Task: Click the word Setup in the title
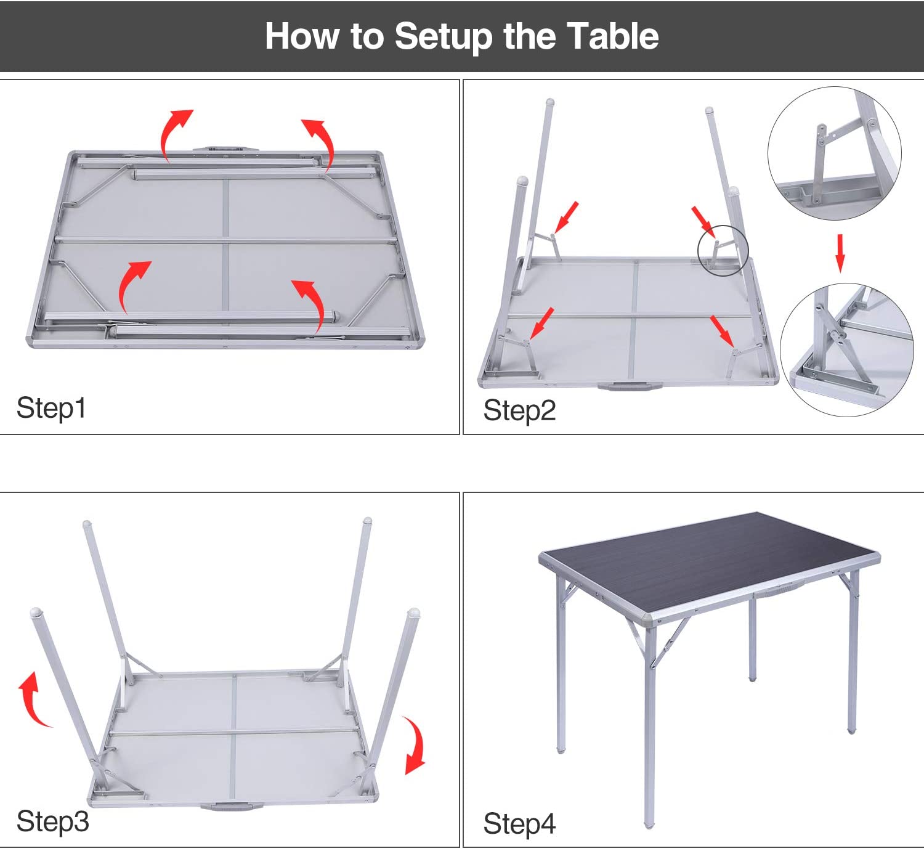click(444, 36)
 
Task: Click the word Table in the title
click(612, 36)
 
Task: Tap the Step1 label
click(51, 408)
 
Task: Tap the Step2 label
click(519, 410)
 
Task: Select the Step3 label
click(52, 821)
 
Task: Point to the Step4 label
click(519, 824)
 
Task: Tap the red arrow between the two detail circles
click(840, 253)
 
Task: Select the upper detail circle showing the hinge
click(834, 153)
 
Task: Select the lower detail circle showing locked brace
click(846, 350)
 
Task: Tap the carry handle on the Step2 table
click(628, 387)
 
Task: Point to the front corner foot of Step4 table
click(649, 824)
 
